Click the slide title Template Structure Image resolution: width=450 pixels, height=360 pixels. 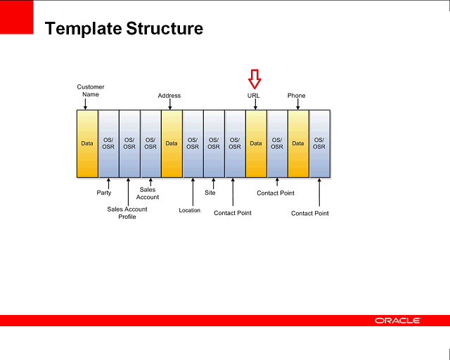click(124, 29)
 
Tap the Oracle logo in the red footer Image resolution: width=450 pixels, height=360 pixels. click(398, 321)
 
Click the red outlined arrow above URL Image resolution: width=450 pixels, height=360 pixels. click(255, 78)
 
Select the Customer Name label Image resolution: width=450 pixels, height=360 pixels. click(91, 91)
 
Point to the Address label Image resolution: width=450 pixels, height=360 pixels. click(169, 96)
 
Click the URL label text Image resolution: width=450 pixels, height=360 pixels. click(254, 96)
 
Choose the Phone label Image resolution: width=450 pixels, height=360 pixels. click(296, 96)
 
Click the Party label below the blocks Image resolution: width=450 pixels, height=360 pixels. click(103, 193)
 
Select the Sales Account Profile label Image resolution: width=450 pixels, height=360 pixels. click(127, 213)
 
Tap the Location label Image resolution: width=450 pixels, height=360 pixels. click(190, 210)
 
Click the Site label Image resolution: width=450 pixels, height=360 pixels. click(210, 193)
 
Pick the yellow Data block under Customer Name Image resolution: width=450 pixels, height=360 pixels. click(87, 143)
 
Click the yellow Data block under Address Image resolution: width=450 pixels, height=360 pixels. click(172, 143)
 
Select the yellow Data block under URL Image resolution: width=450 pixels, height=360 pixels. click(256, 143)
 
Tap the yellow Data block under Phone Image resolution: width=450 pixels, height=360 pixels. click(298, 143)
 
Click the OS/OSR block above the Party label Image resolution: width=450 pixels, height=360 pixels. click(108, 143)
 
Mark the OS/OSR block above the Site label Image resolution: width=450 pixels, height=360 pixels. click(214, 143)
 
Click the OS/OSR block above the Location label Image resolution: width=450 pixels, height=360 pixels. click(193, 143)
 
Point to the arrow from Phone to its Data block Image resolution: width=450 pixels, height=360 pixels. click(298, 105)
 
